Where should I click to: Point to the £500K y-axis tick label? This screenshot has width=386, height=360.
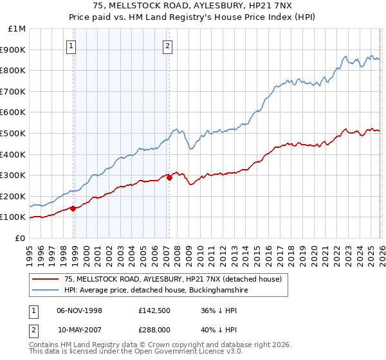pos(14,134)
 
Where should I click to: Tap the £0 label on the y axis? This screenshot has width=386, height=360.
pos(21,239)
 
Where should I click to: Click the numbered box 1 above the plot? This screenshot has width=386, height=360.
pos(71,46)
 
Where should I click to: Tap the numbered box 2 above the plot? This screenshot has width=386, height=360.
pos(167,46)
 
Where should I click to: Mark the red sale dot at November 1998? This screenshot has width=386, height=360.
pos(73,208)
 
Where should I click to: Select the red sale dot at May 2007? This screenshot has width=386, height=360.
pos(169,177)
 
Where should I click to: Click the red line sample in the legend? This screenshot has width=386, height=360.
pos(46,279)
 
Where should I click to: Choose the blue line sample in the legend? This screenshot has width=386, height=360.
pos(46,291)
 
